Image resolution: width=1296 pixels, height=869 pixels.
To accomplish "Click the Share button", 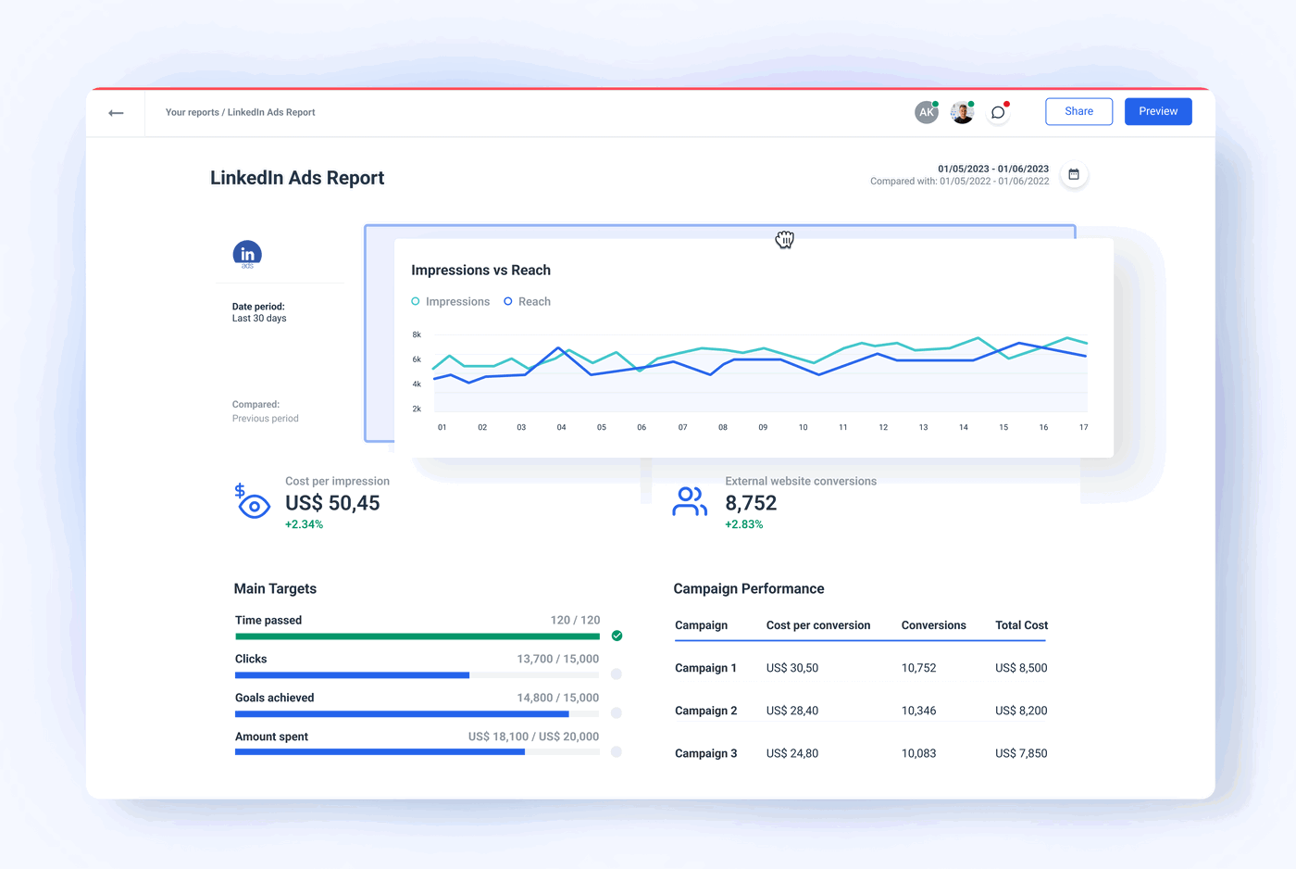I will point(1078,111).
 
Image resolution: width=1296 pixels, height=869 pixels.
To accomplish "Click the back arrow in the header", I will point(116,113).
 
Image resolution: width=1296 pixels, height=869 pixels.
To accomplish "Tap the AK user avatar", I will point(926,112).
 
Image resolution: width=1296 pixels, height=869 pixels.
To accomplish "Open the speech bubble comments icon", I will point(998,112).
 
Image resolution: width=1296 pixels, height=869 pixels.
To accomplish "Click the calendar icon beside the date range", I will point(1074,174).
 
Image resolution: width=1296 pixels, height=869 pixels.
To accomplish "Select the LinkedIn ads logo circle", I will point(247,254).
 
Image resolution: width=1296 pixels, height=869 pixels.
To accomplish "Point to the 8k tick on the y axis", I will point(417,334).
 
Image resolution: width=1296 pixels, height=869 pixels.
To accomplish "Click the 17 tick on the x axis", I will point(1083,427).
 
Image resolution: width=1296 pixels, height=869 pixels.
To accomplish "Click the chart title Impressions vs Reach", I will point(480,271).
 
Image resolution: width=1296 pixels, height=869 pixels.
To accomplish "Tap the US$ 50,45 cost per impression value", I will point(332,503).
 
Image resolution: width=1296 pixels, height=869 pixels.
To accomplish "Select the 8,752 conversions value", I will point(751,503).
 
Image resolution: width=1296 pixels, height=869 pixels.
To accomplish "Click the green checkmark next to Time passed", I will point(617,636).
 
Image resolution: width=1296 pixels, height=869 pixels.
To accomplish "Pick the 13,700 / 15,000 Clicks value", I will point(557,659).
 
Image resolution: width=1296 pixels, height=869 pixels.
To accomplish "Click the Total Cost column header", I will point(1021,625).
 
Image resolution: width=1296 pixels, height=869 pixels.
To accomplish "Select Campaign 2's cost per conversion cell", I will point(791,711).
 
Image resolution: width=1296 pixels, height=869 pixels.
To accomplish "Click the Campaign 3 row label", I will point(705,753).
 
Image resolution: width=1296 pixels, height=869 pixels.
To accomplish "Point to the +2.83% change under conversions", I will point(743,524).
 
